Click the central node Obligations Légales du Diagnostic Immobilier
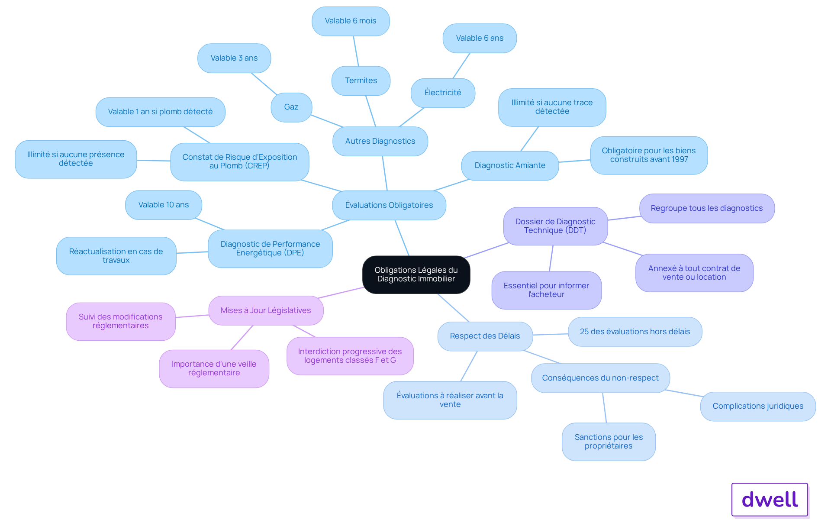416,274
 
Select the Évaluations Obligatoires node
389,205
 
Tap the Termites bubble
361,81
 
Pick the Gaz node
291,107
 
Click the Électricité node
443,93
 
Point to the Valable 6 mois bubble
351,21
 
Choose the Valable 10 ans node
164,205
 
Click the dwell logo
770,500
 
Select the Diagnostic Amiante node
510,165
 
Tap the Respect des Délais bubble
485,336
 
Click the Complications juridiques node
758,406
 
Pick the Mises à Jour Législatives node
266,310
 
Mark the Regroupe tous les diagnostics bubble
707,208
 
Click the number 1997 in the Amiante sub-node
679,159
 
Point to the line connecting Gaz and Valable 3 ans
264,84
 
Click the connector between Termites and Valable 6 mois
356,51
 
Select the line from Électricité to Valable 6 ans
461,66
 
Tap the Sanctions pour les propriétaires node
609,442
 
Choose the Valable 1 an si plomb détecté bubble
160,112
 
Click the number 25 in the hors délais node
584,332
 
